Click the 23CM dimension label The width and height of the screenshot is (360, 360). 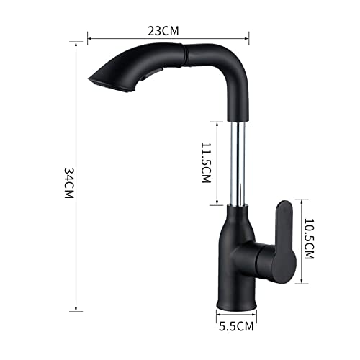(163, 31)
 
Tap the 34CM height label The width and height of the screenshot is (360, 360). (69, 183)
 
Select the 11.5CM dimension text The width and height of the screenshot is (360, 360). (206, 163)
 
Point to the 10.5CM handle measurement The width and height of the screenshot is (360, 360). (309, 239)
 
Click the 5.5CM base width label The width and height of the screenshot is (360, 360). (236, 326)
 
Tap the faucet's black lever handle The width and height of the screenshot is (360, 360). (285, 242)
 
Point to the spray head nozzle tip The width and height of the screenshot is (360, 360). (92, 81)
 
